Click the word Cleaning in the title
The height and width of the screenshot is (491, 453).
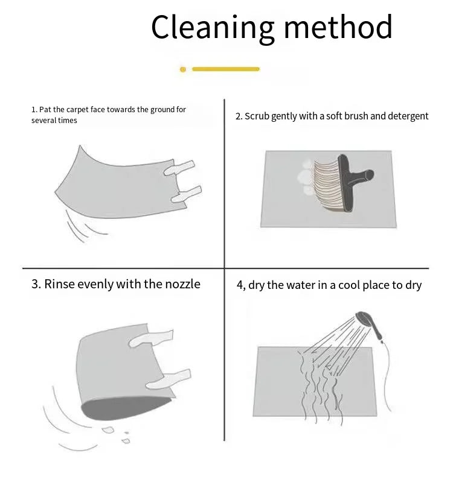(x=213, y=28)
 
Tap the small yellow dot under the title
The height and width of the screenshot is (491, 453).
(x=183, y=69)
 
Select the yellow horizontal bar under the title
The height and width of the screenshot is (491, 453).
(x=226, y=69)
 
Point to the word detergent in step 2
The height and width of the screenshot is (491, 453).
(x=408, y=116)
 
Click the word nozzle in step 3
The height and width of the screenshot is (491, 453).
(x=182, y=284)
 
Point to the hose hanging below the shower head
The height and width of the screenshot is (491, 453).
(x=388, y=376)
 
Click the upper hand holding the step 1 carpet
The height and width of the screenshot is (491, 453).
(x=179, y=168)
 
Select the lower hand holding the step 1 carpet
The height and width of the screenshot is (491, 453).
(x=186, y=194)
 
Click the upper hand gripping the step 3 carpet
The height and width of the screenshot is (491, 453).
(x=151, y=338)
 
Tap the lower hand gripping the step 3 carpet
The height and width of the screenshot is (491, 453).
(x=169, y=379)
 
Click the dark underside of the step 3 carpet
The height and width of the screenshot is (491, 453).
(x=126, y=408)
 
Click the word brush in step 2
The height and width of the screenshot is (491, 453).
(x=356, y=116)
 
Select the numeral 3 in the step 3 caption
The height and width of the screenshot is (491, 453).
(x=35, y=284)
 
